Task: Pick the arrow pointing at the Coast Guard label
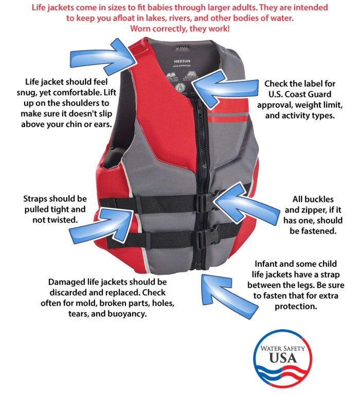222,89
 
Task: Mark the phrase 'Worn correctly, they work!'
180,28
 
